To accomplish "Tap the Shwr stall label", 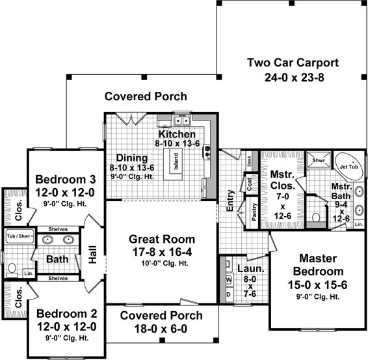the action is (319, 161).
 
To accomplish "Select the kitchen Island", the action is (176, 161).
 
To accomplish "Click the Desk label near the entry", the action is (249, 161).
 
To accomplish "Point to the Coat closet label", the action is (250, 184).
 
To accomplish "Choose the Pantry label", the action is (254, 212).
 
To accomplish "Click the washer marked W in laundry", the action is (229, 280).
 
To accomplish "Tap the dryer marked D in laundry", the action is (229, 294).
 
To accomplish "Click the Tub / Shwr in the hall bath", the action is (20, 236).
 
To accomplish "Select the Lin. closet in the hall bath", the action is (29, 273).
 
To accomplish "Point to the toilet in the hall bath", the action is (12, 271).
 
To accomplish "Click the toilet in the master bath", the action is (316, 217).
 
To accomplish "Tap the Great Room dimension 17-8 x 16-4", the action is (162, 252).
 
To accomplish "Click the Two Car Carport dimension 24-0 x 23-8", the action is (295, 77).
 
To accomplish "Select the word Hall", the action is (93, 255).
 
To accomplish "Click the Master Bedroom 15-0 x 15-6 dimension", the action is (317, 285).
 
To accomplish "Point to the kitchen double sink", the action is (182, 121).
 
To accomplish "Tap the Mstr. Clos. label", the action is (283, 180).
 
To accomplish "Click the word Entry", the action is (230, 201).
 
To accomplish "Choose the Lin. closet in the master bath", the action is (359, 225).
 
